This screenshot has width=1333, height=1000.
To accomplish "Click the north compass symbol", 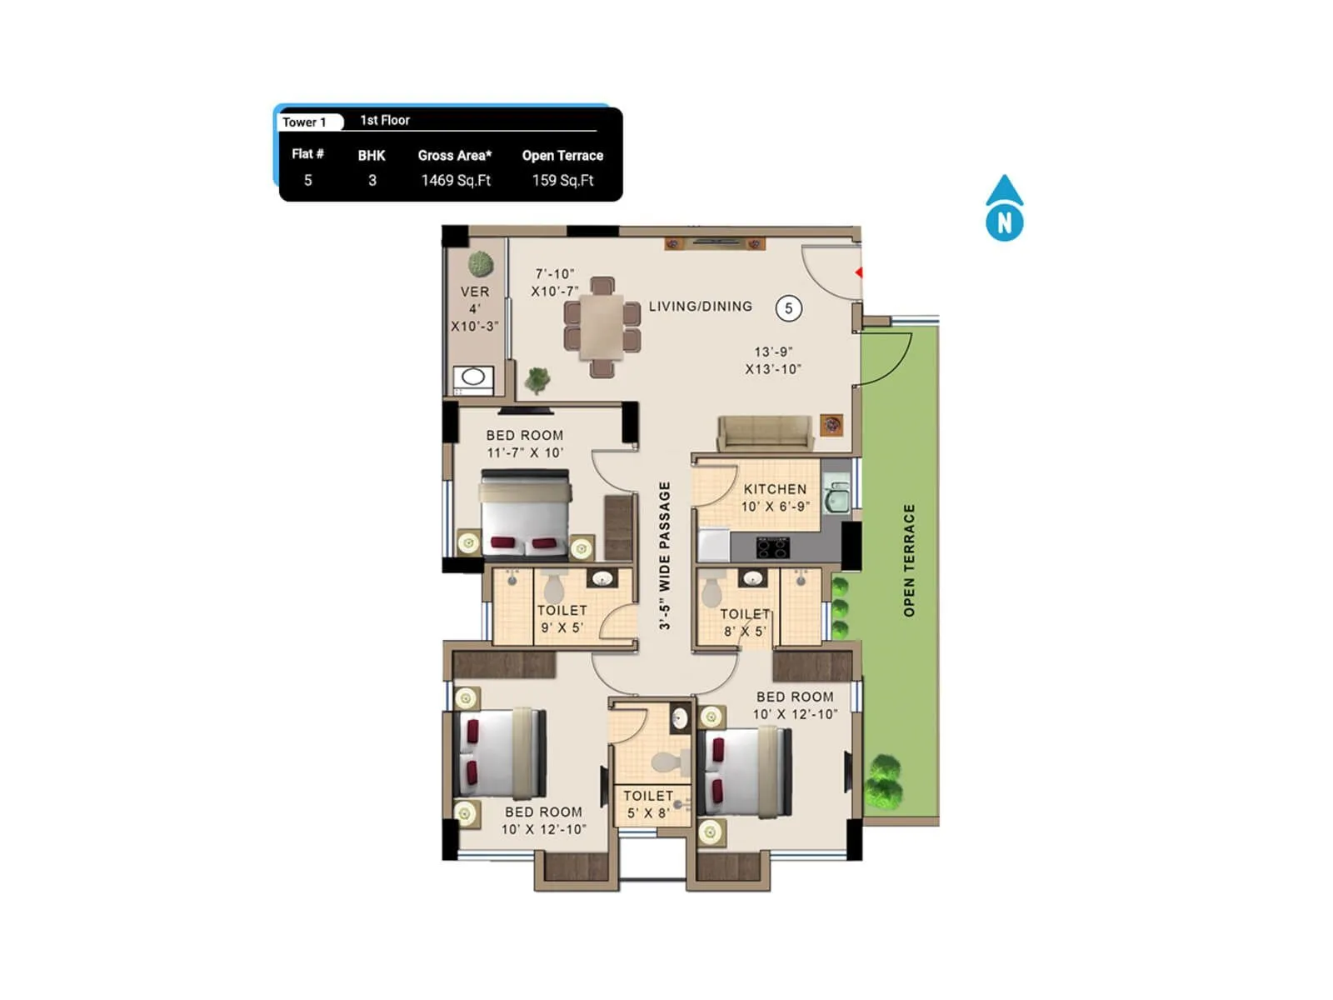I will point(1004,209).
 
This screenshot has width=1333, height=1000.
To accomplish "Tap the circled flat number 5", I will point(788,308).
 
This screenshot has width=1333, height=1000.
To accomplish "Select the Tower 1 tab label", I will point(305,122).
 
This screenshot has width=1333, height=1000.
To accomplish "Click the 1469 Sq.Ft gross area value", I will point(456,180).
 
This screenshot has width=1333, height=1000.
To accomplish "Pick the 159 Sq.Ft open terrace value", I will point(562,180).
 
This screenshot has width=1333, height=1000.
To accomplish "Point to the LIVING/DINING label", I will point(700,307).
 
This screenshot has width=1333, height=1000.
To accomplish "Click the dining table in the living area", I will point(602,326).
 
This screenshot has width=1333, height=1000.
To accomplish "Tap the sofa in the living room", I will point(765,432).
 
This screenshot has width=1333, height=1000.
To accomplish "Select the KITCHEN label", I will point(775,489).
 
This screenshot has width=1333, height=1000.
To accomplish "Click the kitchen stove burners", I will point(772,547).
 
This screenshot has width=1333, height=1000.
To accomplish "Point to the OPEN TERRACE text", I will point(909,560).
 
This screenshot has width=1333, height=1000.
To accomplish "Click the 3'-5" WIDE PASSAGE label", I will point(664,555).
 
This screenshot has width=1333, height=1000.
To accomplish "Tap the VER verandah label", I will point(475,292).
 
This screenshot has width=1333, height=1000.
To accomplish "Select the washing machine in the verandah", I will point(473,378).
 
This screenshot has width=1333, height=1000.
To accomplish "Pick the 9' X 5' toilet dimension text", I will point(562,627).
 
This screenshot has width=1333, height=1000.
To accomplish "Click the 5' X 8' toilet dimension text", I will point(647,812).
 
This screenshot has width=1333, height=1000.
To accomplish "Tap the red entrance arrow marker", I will point(858,272).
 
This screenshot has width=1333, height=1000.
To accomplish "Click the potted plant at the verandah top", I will point(481,264).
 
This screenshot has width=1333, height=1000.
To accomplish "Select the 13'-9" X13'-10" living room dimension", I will point(773,361).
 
